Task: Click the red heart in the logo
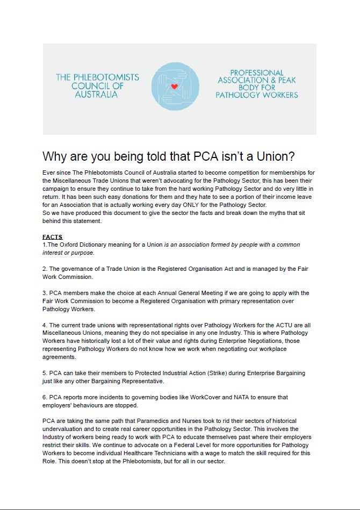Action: pos(174,86)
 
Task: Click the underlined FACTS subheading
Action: pos(53,237)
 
